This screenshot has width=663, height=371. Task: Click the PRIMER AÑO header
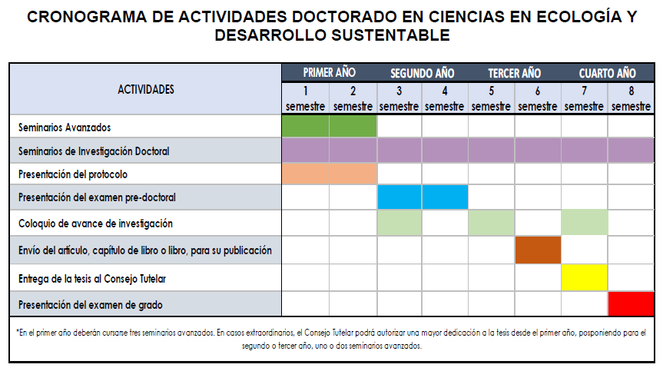point(329,73)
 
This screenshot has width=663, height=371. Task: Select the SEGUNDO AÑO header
point(422,73)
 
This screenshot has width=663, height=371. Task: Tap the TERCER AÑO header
point(514,73)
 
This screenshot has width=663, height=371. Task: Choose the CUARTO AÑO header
point(607,73)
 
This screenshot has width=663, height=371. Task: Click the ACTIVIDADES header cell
point(146,89)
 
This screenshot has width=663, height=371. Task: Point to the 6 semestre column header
point(538,98)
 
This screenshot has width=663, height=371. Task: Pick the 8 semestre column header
point(631,98)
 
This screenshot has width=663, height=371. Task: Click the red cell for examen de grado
point(631,304)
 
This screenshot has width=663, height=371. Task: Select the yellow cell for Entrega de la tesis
point(585,277)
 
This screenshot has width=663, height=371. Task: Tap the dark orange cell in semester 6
point(538,250)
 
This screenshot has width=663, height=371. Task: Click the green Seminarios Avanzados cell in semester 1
point(306,126)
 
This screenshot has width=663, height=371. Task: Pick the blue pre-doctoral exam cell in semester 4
point(445,197)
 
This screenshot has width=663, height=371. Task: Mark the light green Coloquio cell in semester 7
point(585,223)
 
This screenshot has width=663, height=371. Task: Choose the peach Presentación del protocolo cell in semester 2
point(353,174)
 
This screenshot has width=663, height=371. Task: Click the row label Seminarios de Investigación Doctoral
point(94,151)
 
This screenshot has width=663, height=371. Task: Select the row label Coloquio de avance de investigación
point(95,224)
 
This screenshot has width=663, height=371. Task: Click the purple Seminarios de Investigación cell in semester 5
point(492,150)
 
